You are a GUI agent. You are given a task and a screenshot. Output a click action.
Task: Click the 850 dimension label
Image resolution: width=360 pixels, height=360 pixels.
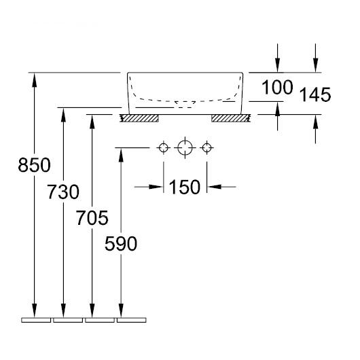coord(34,165)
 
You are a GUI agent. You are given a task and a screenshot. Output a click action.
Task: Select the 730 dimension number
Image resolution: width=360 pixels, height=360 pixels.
coord(63,192)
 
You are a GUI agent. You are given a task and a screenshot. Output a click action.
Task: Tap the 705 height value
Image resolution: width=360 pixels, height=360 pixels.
coord(92,218)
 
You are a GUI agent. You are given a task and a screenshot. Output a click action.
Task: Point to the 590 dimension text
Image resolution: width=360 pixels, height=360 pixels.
coord(121,244)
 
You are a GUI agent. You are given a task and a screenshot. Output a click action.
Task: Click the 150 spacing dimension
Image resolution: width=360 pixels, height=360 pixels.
coord(185,187)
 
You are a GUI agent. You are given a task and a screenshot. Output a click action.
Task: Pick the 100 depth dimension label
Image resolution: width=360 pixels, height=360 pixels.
coord(277,88)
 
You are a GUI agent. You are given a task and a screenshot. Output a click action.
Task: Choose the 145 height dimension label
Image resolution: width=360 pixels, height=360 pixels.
coord(315,94)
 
